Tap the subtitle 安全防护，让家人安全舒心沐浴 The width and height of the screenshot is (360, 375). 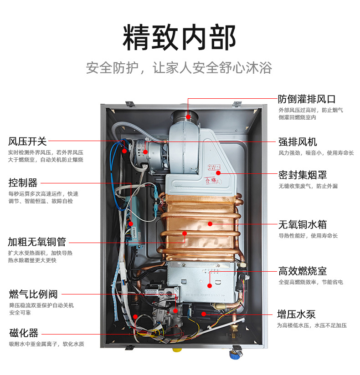pyautogui.click(x=180, y=68)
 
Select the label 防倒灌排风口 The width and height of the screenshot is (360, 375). pyautogui.click(x=307, y=99)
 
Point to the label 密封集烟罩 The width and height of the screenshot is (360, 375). pyautogui.click(x=303, y=175)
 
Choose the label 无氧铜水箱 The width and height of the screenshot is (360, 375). pyautogui.click(x=303, y=224)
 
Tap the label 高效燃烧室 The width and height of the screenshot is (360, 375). pyautogui.click(x=303, y=271)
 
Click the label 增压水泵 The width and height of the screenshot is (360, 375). pyautogui.click(x=296, y=314)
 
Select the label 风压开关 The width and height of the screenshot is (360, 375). pyautogui.click(x=27, y=141)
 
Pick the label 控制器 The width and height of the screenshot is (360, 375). pyautogui.click(x=23, y=183)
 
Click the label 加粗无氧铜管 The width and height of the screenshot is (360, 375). pyautogui.click(x=37, y=242)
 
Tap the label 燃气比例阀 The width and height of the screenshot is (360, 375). pyautogui.click(x=33, y=294)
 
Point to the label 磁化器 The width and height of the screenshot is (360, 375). pyautogui.click(x=24, y=333)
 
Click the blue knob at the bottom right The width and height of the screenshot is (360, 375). pyautogui.click(x=236, y=352)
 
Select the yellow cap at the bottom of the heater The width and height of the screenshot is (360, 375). pyautogui.click(x=177, y=351)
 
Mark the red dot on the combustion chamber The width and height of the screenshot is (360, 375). pyautogui.click(x=210, y=285)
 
